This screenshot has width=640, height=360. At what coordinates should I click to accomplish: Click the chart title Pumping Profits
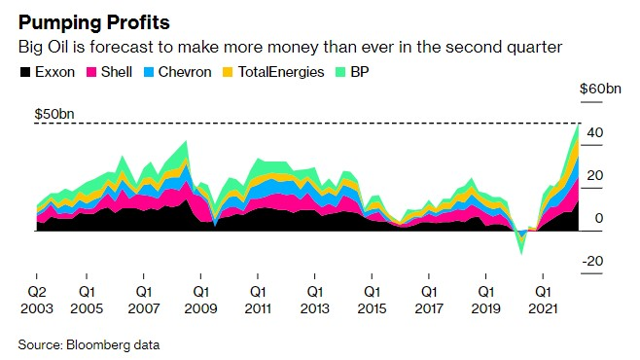pyautogui.click(x=94, y=22)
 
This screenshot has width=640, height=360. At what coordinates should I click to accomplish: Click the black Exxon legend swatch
pyautogui.click(x=25, y=72)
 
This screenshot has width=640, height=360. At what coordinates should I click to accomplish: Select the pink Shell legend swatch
pyautogui.click(x=91, y=72)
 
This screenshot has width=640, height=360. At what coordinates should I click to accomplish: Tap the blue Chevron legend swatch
pyautogui.click(x=149, y=72)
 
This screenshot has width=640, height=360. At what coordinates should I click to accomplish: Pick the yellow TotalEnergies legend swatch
pyautogui.click(x=228, y=72)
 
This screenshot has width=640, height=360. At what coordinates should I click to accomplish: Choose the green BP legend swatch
pyautogui.click(x=340, y=72)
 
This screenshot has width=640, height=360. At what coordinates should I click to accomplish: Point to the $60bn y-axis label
pyautogui.click(x=600, y=89)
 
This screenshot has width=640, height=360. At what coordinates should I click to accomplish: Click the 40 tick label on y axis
pyautogui.click(x=595, y=132)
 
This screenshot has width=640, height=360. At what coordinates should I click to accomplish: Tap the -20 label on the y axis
pyautogui.click(x=592, y=261)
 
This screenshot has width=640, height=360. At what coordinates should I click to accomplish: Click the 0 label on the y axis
pyautogui.click(x=599, y=218)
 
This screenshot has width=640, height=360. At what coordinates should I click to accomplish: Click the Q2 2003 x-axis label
pyautogui.click(x=37, y=300)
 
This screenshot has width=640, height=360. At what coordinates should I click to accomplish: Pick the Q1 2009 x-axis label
pyautogui.click(x=200, y=300)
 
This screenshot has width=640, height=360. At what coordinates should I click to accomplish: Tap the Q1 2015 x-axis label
pyautogui.click(x=372, y=300)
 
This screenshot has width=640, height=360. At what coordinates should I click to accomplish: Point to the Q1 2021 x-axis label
pyautogui.click(x=543, y=300)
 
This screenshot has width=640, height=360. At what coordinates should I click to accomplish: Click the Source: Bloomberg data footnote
pyautogui.click(x=89, y=344)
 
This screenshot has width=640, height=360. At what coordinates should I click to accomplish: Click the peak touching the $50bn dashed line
pyautogui.click(x=578, y=125)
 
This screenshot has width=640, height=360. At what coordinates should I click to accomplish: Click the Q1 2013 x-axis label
pyautogui.click(x=315, y=300)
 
